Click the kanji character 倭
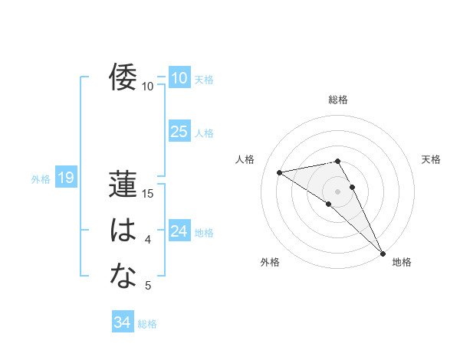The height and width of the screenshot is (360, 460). coord(123,77)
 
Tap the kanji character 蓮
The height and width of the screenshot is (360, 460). coord(123,185)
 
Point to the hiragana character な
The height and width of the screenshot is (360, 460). coord(123,276)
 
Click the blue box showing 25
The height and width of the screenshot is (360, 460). coord(179,132)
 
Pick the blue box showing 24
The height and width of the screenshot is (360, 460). coord(179,231)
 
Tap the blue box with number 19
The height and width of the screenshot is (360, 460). coord(65,178)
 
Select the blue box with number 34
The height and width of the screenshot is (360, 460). coord(123,322)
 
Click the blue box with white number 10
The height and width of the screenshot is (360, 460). coord(179,78)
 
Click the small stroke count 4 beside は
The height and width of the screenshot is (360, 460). coord(148,240)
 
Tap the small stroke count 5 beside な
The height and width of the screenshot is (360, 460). coord(148,286)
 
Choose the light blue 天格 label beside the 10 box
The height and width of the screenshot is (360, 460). coord(204,80)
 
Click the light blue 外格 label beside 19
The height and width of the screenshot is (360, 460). coord(41,179)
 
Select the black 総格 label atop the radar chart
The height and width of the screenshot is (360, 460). coord(338,100)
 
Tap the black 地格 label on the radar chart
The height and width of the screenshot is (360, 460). coord(402,262)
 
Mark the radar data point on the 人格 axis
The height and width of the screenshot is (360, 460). coord(280,172)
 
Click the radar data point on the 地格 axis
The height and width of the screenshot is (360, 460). coord(383,253)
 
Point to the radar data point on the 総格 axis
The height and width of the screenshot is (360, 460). coord(337,161)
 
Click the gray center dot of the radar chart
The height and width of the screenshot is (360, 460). coord(337,191)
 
